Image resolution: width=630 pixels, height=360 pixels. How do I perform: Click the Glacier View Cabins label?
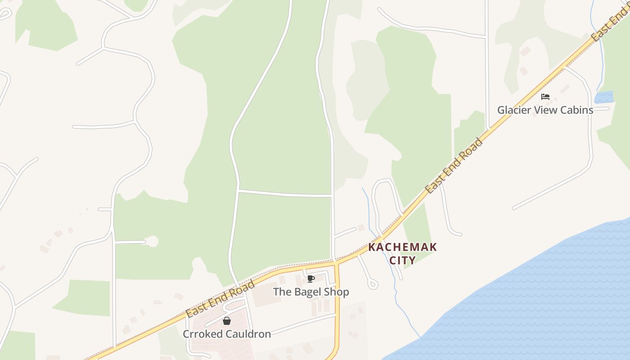click(x=545, y=110)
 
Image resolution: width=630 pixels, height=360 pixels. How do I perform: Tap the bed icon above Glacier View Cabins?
click(x=545, y=97)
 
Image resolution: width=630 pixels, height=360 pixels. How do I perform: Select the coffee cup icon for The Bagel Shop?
click(x=310, y=279)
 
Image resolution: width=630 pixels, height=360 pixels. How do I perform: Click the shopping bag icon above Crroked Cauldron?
click(x=227, y=321)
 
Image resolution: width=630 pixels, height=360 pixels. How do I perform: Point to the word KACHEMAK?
click(x=403, y=247)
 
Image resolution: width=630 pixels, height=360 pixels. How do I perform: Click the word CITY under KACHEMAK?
click(x=402, y=260)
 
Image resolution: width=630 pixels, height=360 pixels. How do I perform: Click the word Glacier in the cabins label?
click(x=513, y=110)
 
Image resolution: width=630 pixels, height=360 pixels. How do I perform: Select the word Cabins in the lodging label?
click(x=577, y=110)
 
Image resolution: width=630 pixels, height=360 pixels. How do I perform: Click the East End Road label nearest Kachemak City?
click(x=454, y=166)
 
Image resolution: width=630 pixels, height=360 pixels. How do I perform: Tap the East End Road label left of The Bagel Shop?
click(x=220, y=298)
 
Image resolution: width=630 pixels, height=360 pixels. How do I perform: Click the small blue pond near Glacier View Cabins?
click(x=604, y=97)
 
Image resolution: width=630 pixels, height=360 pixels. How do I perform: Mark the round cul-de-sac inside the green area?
click(x=153, y=242)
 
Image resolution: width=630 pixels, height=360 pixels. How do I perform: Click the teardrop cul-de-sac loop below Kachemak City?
click(x=373, y=284)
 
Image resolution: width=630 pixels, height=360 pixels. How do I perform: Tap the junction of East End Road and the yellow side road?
click(x=336, y=262)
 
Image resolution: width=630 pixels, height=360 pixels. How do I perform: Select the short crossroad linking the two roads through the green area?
click(x=285, y=194)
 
